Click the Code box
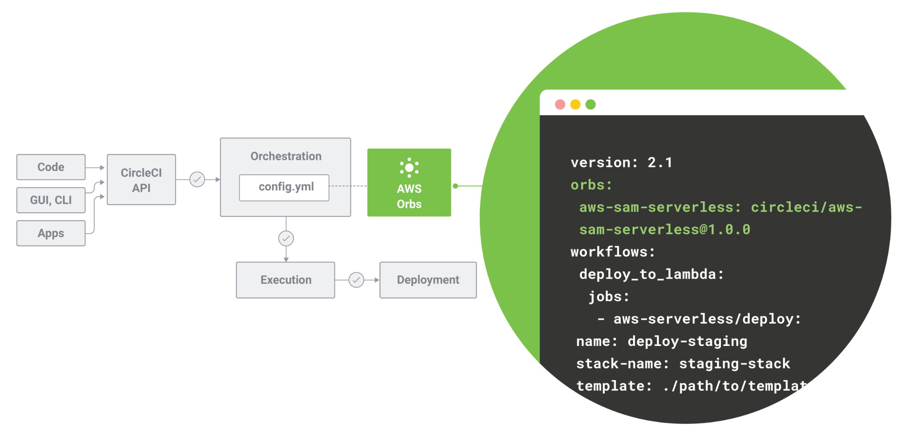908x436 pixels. [x=51, y=167]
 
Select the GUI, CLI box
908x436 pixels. [x=51, y=200]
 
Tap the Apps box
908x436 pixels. [x=51, y=233]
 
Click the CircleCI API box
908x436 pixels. [x=141, y=180]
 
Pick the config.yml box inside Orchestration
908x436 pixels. [x=284, y=188]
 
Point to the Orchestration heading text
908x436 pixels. [x=286, y=156]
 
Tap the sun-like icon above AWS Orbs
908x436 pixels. [x=409, y=168]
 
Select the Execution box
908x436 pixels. [x=286, y=280]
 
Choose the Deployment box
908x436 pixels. [x=428, y=280]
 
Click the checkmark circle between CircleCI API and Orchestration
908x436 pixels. [x=197, y=180]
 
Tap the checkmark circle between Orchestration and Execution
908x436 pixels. [x=286, y=239]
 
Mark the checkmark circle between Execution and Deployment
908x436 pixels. [x=356, y=280]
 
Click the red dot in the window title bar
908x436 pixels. [x=560, y=104]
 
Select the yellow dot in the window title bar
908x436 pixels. [x=575, y=104]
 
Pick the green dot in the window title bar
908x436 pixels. [x=591, y=104]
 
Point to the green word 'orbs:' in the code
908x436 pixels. [x=591, y=185]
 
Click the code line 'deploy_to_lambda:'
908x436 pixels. [x=651, y=274]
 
